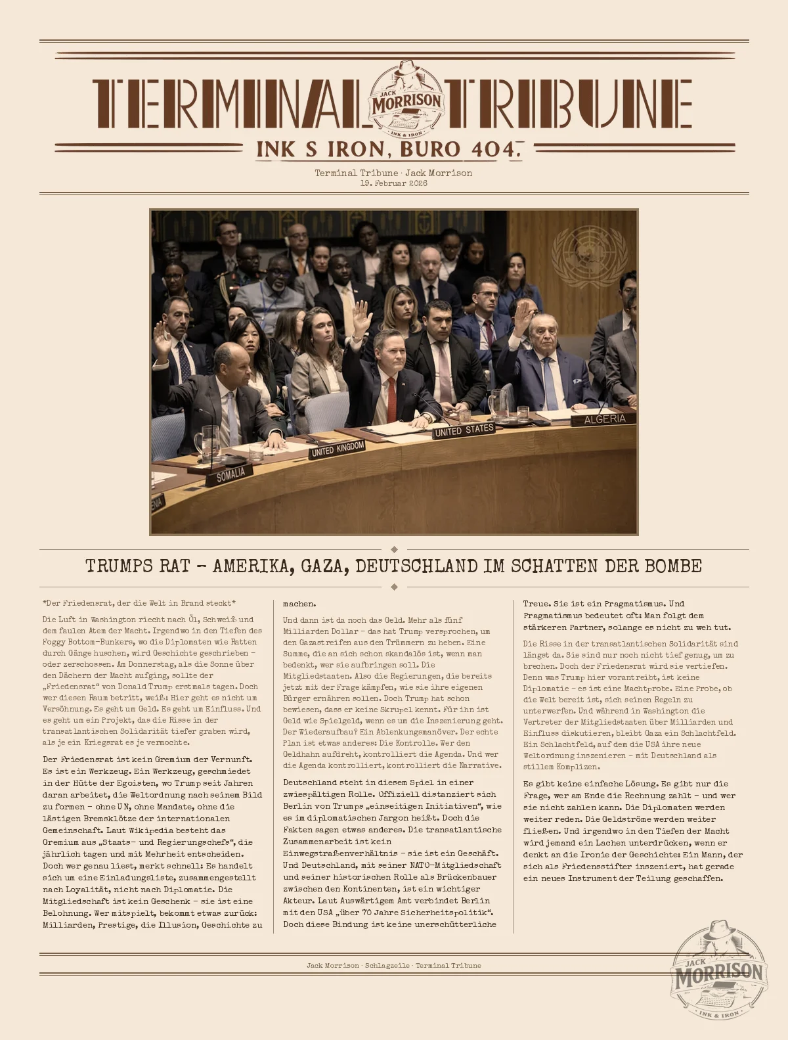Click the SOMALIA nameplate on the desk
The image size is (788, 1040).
click(x=230, y=474)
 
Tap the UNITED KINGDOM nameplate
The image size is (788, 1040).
click(x=338, y=449)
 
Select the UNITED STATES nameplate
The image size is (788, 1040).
click(x=464, y=430)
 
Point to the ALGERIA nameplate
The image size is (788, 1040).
click(x=605, y=418)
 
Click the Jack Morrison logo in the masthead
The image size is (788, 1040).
click(x=407, y=100)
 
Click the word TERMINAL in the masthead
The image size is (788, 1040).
click(x=228, y=103)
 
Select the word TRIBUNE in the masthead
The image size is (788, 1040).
click(x=569, y=103)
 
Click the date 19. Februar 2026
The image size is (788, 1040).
click(x=393, y=183)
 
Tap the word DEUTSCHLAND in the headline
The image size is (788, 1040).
click(x=416, y=566)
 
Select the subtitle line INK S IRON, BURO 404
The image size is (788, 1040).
click(x=389, y=149)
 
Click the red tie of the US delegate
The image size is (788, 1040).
click(x=391, y=401)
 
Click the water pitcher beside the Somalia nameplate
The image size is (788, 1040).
click(x=209, y=445)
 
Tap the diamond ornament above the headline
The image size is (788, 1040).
click(x=394, y=549)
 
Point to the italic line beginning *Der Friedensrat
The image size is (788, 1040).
click(x=139, y=603)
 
